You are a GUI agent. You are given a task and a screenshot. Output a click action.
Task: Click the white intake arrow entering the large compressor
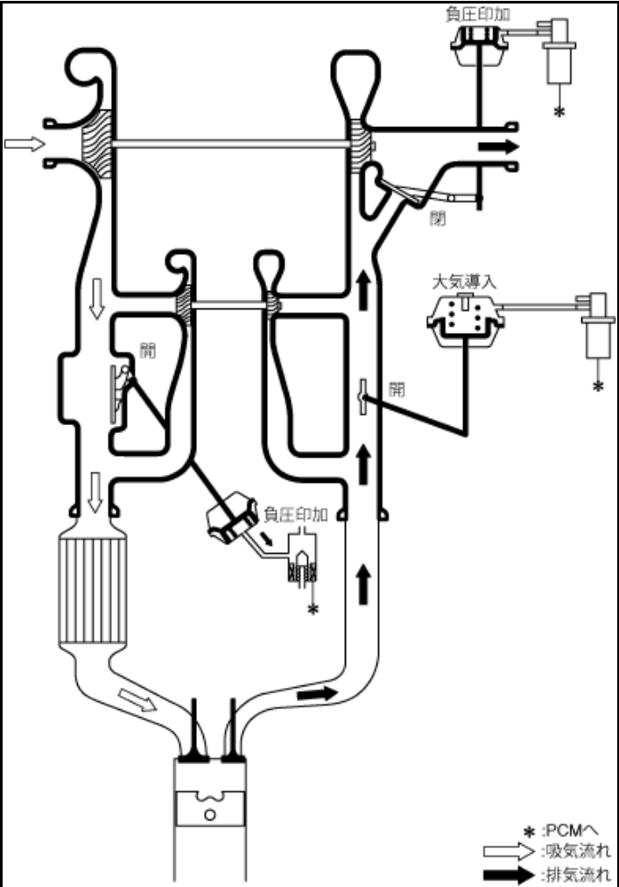click(24, 144)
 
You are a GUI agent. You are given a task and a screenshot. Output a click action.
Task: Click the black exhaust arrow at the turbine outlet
click(498, 145)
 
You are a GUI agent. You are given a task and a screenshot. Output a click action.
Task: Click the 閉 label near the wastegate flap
click(435, 217)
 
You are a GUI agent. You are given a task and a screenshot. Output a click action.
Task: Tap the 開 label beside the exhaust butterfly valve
click(397, 390)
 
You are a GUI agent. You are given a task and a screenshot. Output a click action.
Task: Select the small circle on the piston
click(210, 813)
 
